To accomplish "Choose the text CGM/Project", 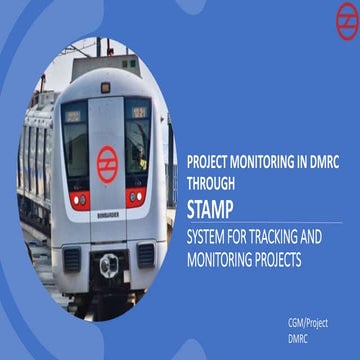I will click(x=306, y=322).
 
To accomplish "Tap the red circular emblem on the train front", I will click(x=106, y=159).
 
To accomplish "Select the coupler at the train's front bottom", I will click(x=109, y=267).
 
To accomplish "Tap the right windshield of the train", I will click(x=138, y=139).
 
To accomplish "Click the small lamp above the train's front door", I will click(x=106, y=87).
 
